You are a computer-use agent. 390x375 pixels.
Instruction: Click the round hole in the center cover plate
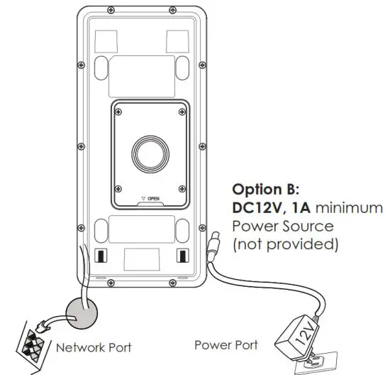pyautogui.click(x=150, y=151)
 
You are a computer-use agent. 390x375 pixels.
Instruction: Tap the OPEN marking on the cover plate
pyautogui.click(x=152, y=197)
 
